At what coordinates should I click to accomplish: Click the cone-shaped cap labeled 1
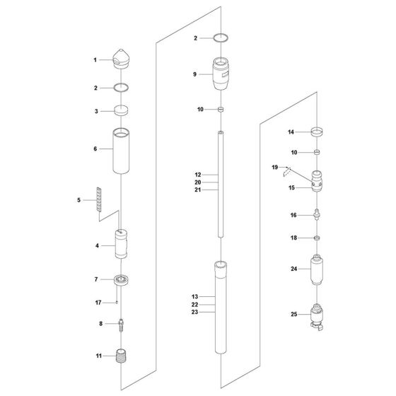pos(121,59)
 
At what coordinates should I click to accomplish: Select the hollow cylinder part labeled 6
pos(121,151)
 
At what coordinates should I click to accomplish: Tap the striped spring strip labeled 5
pos(100,199)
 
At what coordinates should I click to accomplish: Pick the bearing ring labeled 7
pos(121,279)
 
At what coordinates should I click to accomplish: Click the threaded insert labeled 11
pos(121,356)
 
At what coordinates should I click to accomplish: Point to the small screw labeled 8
pos(122,325)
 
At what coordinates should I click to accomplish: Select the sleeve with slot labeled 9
pos(221,74)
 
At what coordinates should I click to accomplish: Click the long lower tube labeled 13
pos(221,307)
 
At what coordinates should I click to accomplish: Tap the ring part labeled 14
pos(317,132)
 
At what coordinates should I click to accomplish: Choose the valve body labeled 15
pos(317,181)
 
